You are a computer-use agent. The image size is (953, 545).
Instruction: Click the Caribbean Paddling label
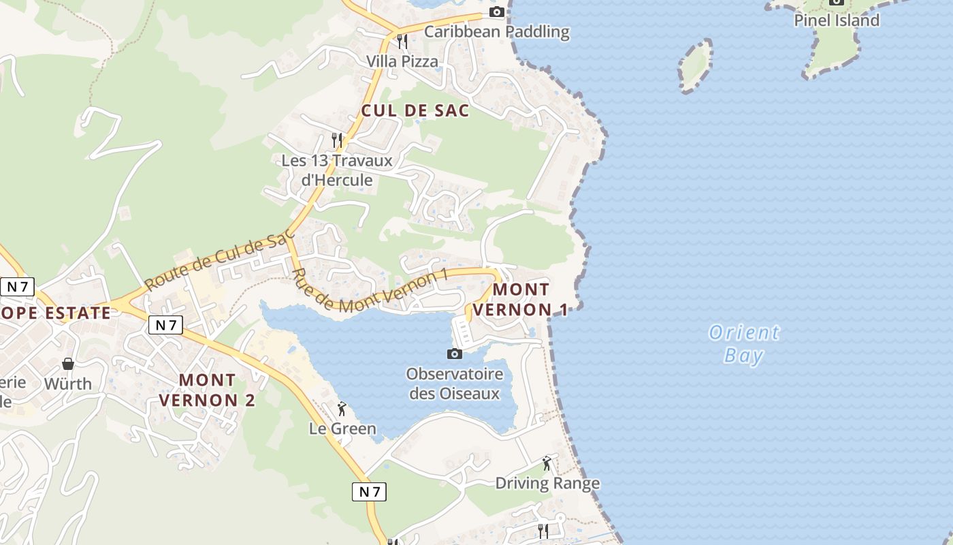[x=496, y=31]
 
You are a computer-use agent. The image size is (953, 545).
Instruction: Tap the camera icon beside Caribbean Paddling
[x=497, y=12]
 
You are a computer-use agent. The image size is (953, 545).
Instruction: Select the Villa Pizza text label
[x=402, y=61]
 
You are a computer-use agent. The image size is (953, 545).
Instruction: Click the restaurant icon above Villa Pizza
[x=402, y=42]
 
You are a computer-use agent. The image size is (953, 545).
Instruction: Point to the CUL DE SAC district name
[x=415, y=110]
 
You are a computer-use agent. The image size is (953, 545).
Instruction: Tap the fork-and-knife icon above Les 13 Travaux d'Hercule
[x=337, y=140]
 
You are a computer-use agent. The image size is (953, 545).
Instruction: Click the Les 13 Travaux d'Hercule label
[x=337, y=170]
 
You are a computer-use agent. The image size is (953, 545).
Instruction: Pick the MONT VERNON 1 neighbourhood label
[x=521, y=299]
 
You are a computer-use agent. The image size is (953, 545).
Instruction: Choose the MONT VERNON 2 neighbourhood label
[x=207, y=390]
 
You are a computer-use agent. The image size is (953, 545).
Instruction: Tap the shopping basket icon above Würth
[x=68, y=364]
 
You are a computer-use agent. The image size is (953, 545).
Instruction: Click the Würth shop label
[x=68, y=384]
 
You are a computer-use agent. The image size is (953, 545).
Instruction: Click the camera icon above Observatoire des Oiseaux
[x=454, y=354]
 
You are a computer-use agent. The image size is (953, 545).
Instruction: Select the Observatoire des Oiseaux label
[x=454, y=384]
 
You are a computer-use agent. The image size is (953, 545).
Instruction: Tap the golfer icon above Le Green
[x=342, y=409]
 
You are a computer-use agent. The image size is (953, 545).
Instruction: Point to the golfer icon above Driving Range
[x=547, y=463]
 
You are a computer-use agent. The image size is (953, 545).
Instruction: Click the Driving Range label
[x=547, y=483]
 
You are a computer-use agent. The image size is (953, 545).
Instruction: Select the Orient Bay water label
[x=744, y=344]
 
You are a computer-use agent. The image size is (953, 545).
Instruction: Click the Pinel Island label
[x=837, y=20]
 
